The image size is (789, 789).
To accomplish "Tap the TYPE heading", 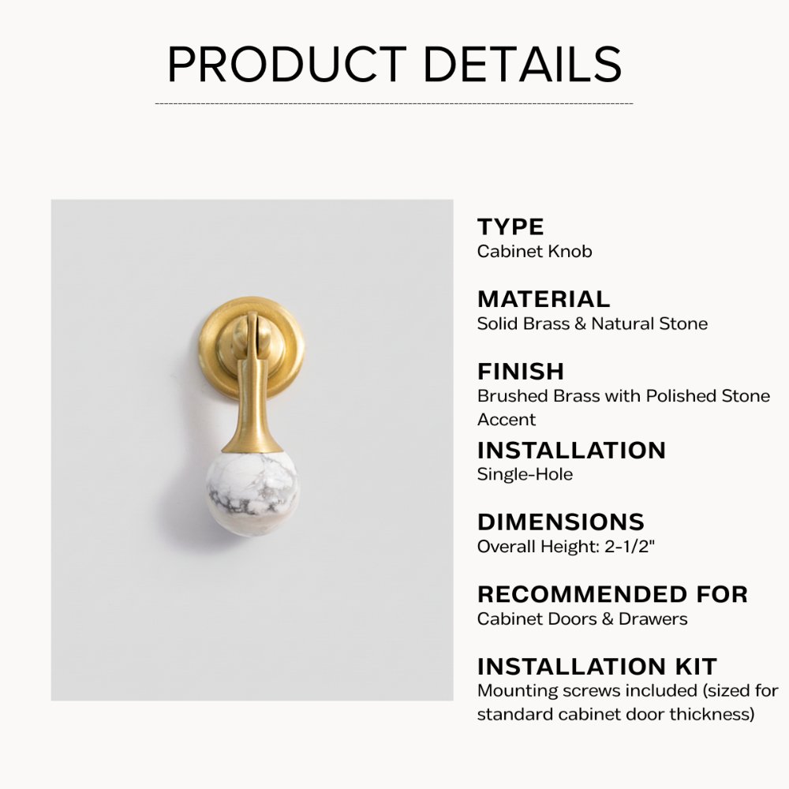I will coord(510,227).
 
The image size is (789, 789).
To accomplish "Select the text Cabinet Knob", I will coord(534,252).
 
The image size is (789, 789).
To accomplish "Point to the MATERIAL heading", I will coord(544,299).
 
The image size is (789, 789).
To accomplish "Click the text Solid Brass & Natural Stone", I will coord(592,323).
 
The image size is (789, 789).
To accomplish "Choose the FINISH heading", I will coord(521,371).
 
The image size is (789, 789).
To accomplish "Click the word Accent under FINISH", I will coord(506,419).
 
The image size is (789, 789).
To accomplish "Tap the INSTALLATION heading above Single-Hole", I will coord(571,451).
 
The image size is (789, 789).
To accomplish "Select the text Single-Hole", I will coord(525,474).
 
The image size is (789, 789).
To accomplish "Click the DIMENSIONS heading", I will coord(560,522).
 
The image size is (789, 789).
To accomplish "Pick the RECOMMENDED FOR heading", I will coord(612,594).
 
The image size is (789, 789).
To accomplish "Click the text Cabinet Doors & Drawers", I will coord(581,619).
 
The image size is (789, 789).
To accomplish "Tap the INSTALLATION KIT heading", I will coord(596,666).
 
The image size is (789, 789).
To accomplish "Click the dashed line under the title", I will coord(394,103).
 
